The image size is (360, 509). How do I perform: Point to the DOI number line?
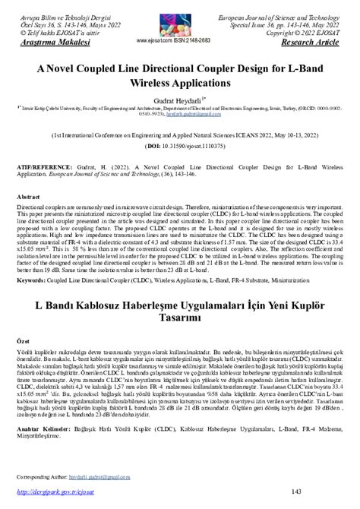pyautogui.click(x=179, y=144)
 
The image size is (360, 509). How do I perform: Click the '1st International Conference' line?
pyautogui.click(x=179, y=131)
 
